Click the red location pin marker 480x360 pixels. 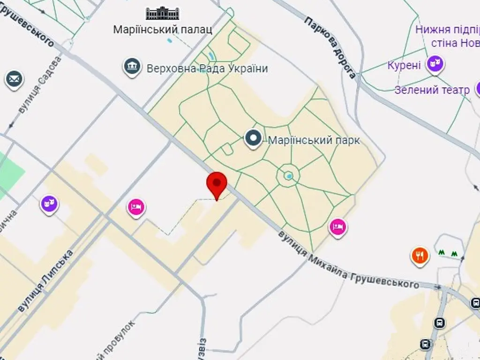pos(217,183)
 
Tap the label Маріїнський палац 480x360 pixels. pos(163,30)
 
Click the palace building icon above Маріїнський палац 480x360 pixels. pos(163,13)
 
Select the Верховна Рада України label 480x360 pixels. pos(207,69)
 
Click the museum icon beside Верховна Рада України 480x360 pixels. pos(132,67)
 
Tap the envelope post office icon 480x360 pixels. pos(15,79)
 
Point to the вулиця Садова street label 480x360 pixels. pos(40,85)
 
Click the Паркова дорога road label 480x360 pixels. pos(330,47)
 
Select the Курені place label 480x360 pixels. pos(404,65)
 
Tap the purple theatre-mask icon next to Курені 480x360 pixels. pos(435,63)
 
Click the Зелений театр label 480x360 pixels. pos(432,90)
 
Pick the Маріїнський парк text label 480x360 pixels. pos(314,140)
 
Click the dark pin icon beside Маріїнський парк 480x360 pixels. pos(254,138)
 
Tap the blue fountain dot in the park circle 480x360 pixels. pos(289,176)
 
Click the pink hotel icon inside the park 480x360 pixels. pos(338,227)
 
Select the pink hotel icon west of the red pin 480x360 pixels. pos(136,207)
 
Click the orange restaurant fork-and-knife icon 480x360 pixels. pos(420,255)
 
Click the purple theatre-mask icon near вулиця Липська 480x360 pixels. pos(49,204)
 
